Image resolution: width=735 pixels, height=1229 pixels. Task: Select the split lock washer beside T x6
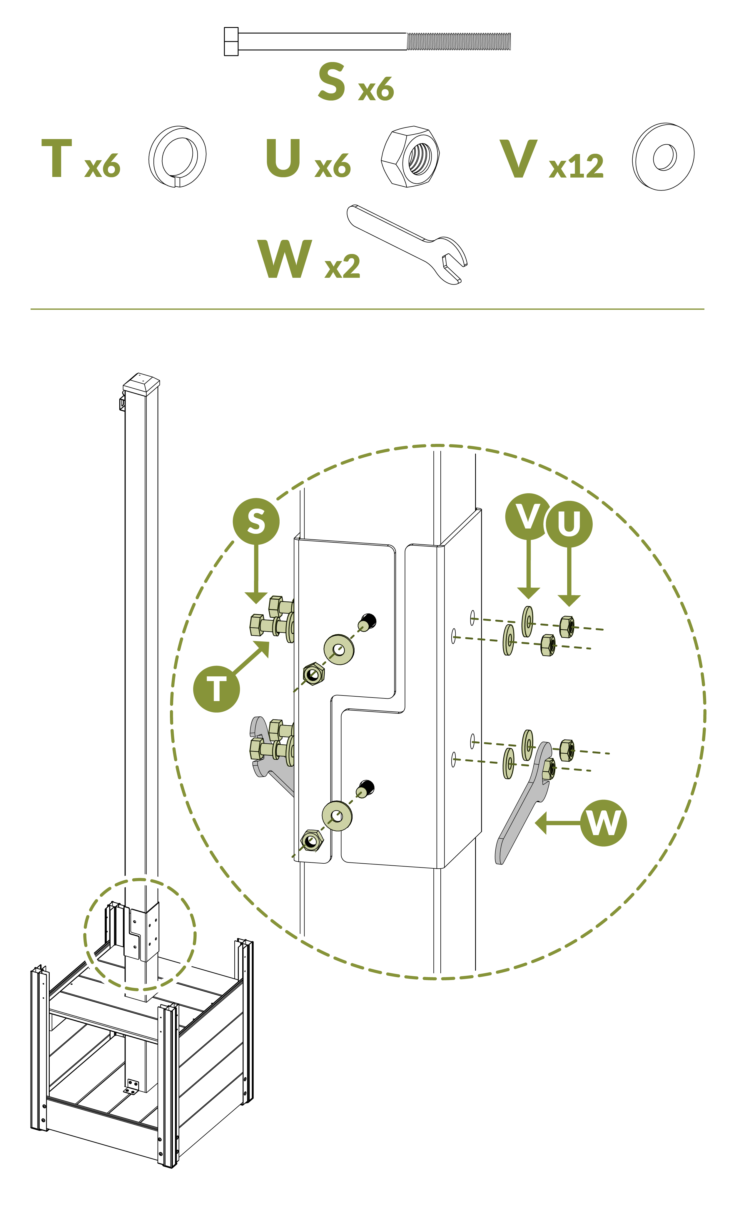177,156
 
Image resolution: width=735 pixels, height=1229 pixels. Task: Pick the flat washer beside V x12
663,156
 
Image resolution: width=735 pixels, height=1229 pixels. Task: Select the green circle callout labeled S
256,521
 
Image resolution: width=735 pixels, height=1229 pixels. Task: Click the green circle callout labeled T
216,689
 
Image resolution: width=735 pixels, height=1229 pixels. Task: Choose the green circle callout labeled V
528,516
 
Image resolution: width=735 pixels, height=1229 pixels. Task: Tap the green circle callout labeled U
569,524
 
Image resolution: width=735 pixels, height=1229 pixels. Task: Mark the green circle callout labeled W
603,823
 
